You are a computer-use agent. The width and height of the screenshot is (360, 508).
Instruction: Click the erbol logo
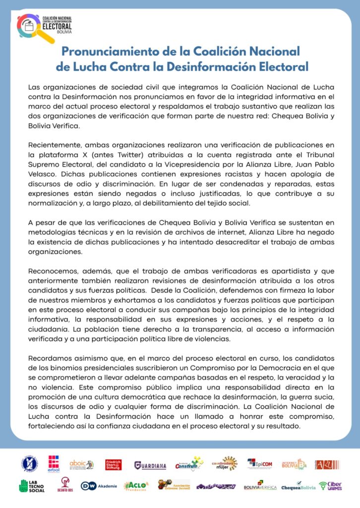54,464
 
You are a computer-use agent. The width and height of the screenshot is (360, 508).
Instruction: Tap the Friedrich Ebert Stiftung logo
114,465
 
